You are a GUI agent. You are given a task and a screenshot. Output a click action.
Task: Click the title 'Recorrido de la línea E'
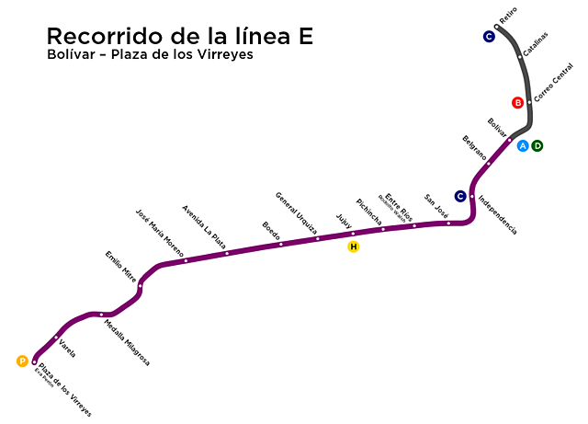180,36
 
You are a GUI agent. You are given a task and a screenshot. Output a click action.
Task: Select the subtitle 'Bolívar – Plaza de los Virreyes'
150,55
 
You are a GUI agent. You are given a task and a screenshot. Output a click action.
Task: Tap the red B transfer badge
518,102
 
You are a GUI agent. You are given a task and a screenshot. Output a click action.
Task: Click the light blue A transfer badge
523,145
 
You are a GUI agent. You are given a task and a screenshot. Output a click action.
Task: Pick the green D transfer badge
538,145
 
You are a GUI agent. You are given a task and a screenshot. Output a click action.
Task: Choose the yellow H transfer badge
353,246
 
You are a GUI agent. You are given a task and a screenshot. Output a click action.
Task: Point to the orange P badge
22,361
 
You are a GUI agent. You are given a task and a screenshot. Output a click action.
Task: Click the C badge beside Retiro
489,37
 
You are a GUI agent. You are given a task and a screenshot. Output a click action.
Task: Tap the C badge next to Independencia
460,195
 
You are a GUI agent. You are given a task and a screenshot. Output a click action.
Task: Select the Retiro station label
508,17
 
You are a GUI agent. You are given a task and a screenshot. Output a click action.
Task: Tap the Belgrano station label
474,146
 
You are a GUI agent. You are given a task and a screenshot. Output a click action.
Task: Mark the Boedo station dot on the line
281,244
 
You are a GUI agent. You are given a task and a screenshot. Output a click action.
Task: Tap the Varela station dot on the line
57,336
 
